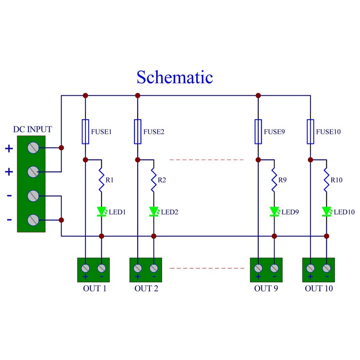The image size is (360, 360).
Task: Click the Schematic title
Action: (175, 77)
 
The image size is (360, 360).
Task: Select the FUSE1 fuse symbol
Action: (85, 132)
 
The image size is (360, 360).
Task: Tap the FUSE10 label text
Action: (328, 132)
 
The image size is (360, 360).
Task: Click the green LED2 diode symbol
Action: (153, 211)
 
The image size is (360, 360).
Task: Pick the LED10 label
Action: (344, 211)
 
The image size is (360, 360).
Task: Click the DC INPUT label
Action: (32, 130)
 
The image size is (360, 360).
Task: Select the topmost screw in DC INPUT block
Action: (32, 148)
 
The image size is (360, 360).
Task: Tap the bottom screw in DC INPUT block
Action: (32, 220)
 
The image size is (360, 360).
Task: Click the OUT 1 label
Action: (94, 288)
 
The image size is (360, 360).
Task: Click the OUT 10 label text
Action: (319, 288)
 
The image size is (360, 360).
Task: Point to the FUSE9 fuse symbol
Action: (258, 132)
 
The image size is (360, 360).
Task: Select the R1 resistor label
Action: (109, 180)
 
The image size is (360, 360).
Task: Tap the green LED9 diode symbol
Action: (274, 211)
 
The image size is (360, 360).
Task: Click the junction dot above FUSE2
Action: (138, 95)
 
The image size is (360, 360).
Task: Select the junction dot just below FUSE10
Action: (310, 160)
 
